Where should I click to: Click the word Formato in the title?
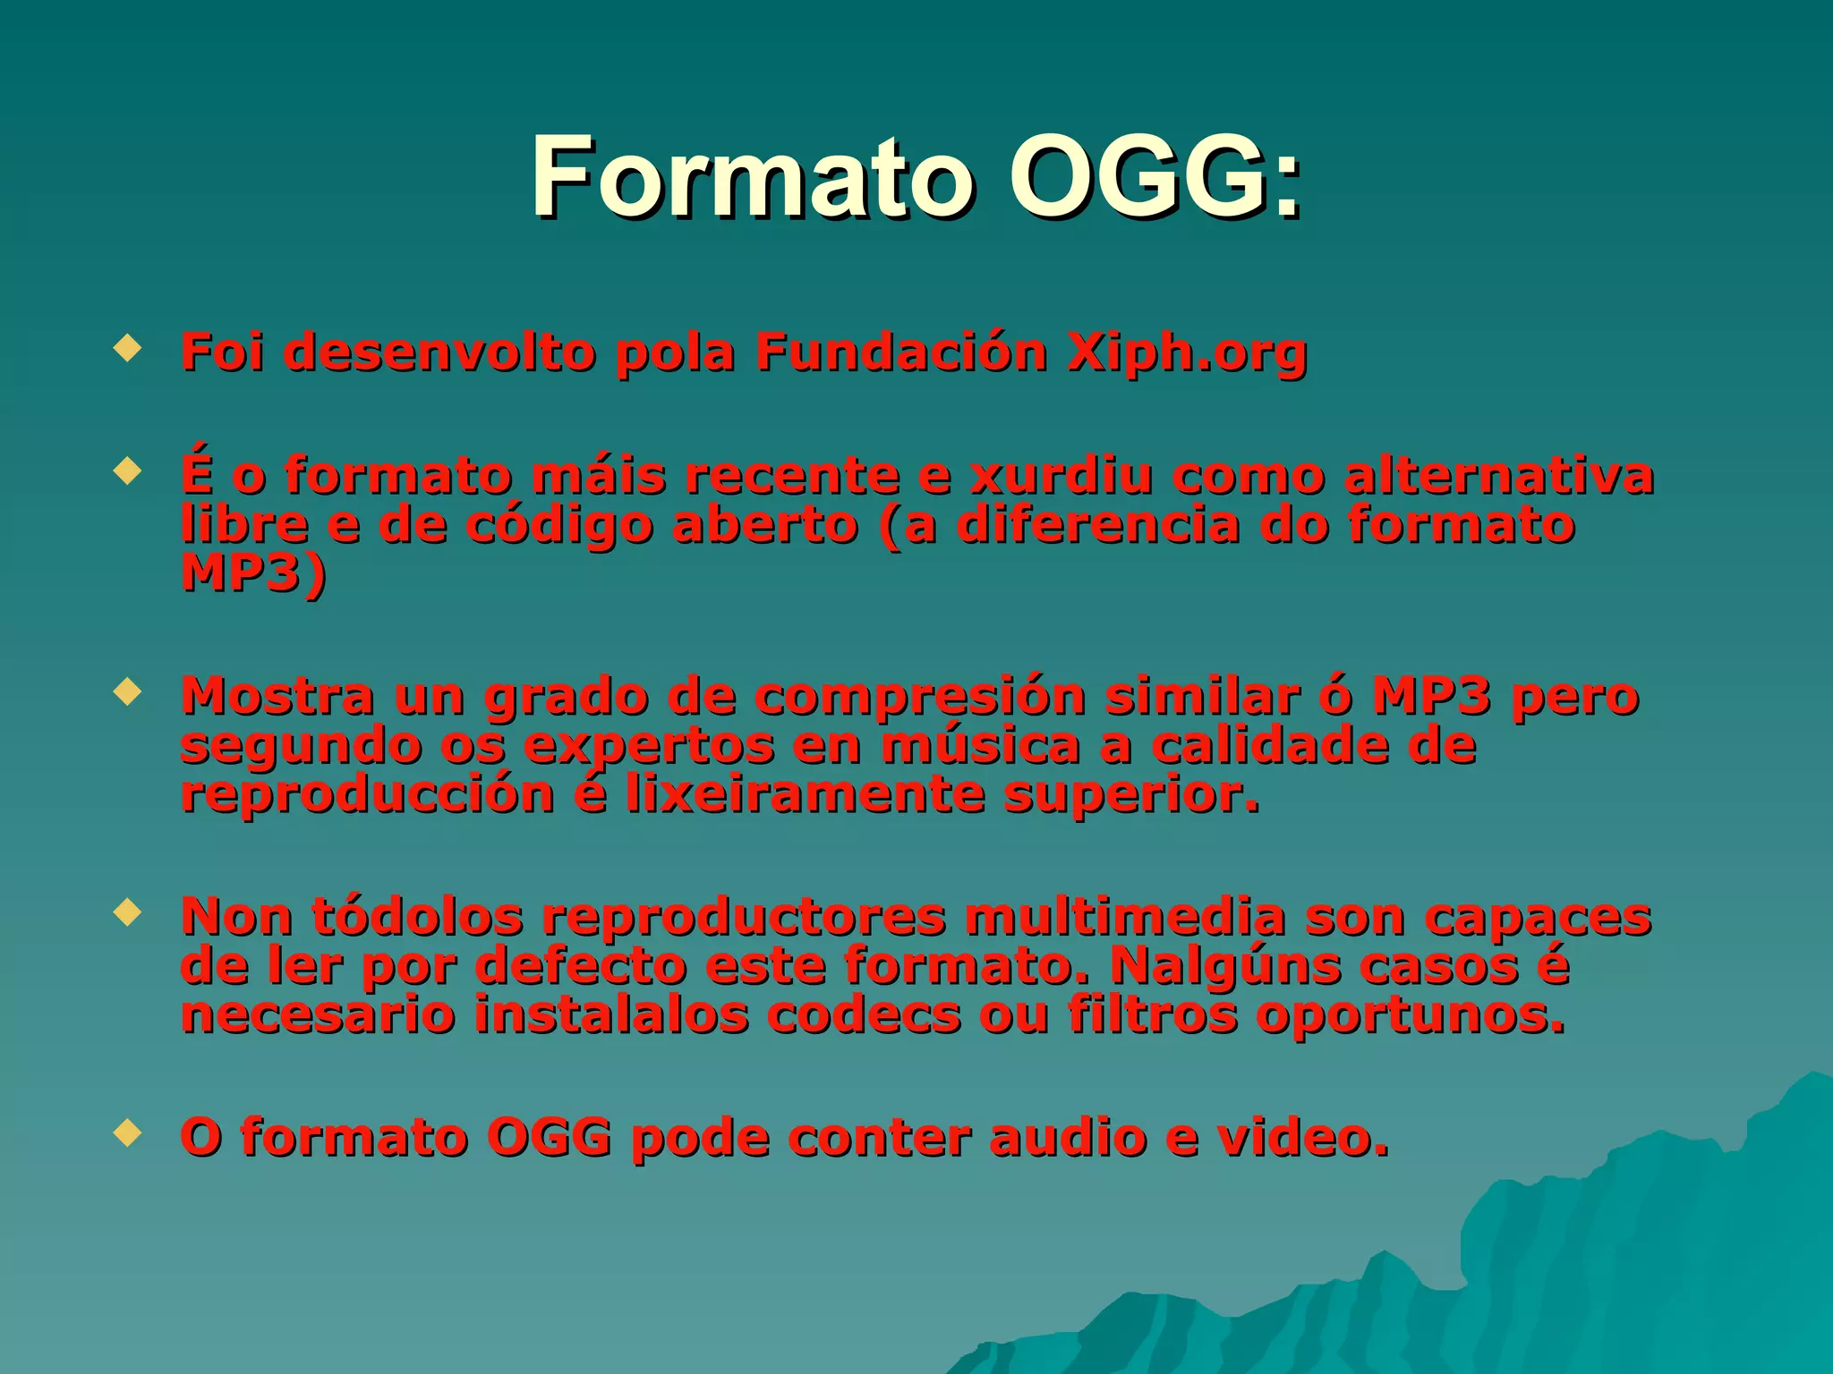(752, 176)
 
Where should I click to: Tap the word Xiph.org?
(1186, 352)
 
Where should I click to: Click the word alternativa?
(1498, 475)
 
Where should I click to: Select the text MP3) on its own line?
(254, 573)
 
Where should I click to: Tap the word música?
(980, 745)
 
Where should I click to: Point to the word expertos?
(649, 747)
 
